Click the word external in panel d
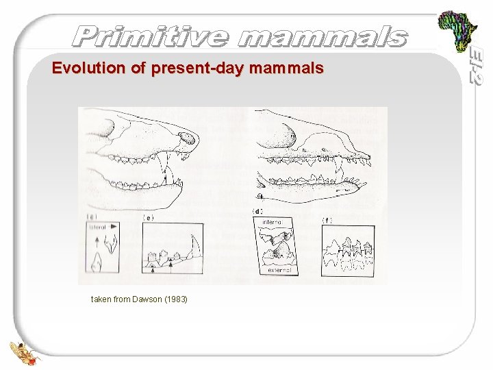[279, 270]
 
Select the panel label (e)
[148, 217]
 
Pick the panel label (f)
[328, 220]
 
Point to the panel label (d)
[259, 211]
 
